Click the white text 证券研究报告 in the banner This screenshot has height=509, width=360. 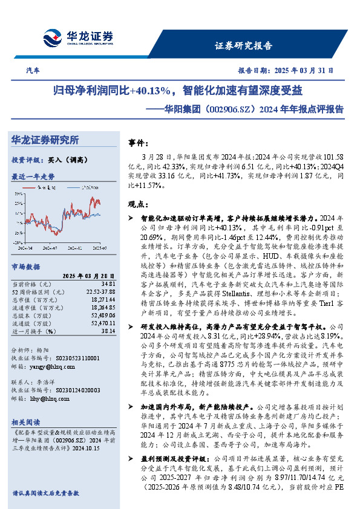point(244,46)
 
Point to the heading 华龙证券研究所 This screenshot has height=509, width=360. point(45,140)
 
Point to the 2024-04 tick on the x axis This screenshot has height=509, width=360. point(25,248)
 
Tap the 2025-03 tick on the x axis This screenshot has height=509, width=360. point(100,248)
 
